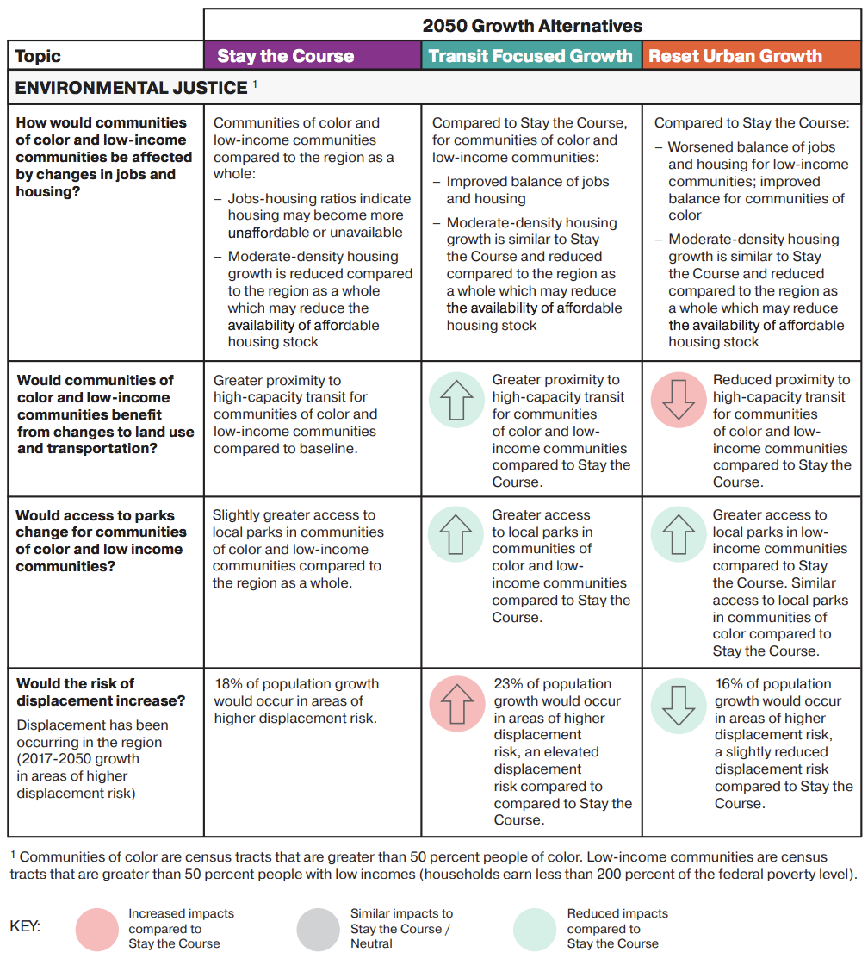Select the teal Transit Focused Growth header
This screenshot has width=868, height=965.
530,56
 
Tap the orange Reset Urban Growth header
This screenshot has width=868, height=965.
735,56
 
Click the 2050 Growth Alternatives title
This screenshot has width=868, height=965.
532,25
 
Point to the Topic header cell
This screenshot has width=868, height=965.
39,57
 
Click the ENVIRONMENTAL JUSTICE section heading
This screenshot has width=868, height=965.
132,88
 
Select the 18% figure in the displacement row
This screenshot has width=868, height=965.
228,684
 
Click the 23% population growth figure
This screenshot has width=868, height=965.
509,684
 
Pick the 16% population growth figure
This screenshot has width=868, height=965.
730,684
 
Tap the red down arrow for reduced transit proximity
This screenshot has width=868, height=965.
679,402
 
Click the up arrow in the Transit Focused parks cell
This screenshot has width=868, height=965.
456,536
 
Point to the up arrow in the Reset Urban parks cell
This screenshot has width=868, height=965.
679,536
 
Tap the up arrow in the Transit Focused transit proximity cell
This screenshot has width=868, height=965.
456,402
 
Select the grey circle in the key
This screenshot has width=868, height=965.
319,930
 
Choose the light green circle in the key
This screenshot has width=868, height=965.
535,930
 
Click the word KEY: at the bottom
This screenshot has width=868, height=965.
26,927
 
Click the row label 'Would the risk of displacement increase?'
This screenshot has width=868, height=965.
102,692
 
